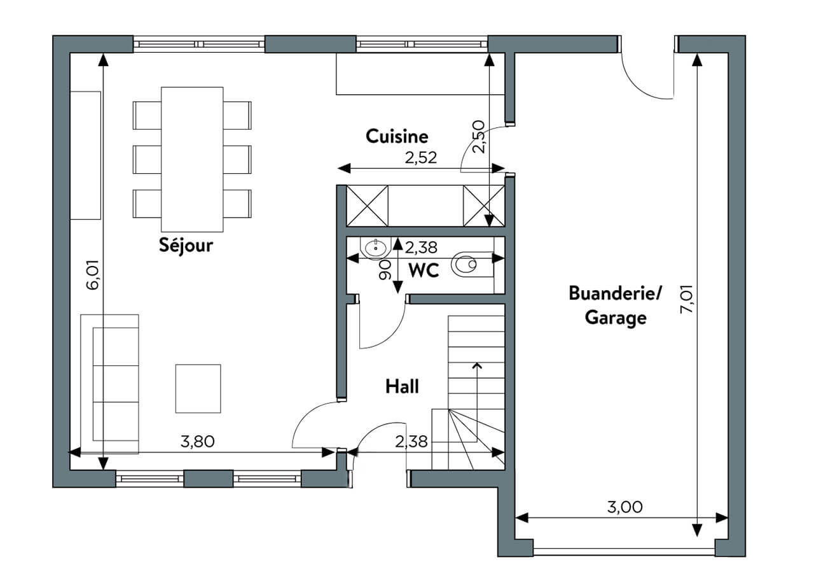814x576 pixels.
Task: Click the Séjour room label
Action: click(186, 246)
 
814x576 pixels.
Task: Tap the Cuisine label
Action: click(397, 136)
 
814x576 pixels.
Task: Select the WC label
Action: click(424, 270)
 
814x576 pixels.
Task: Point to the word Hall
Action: click(402, 386)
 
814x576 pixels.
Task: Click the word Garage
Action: click(616, 318)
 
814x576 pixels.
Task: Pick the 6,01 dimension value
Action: click(92, 274)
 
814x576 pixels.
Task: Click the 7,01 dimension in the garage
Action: click(687, 299)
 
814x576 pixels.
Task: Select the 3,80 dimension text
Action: click(197, 442)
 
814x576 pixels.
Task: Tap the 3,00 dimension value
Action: click(624, 507)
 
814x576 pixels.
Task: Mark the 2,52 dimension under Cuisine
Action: click(421, 158)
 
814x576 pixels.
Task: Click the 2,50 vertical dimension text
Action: click(479, 137)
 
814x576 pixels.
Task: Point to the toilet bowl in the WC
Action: click(464, 263)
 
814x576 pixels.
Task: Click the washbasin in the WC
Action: click(375, 248)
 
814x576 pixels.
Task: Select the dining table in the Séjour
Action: click(192, 159)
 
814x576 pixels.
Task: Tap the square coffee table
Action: click(198, 388)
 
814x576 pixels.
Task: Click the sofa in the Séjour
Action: click(109, 384)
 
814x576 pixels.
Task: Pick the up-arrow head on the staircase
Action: click(477, 365)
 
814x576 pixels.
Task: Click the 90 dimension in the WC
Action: click(385, 269)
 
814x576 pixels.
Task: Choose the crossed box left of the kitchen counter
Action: click(368, 206)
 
